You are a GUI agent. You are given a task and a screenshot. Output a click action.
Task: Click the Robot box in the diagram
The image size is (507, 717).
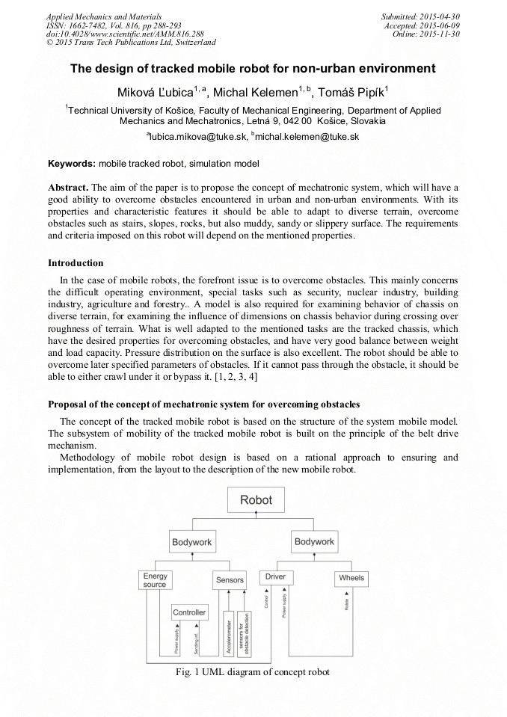pos(256,499)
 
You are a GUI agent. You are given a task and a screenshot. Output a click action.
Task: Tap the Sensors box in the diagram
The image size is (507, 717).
pos(230,579)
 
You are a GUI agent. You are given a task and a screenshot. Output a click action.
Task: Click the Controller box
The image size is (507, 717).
pos(189,612)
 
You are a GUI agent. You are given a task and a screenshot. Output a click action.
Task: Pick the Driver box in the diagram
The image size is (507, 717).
pos(275,577)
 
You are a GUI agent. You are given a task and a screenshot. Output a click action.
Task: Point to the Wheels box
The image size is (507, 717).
pos(351,578)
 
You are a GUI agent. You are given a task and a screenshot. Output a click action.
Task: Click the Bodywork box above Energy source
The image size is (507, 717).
pos(192,541)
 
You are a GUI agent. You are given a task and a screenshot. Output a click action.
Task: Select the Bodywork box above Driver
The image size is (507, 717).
pos(314,541)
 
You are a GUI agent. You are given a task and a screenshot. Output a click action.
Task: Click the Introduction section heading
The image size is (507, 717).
pos(76,263)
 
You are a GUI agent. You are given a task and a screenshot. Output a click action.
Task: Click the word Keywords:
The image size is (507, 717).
pos(72,163)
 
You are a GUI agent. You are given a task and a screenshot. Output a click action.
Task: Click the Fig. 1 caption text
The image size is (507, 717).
pos(251,671)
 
